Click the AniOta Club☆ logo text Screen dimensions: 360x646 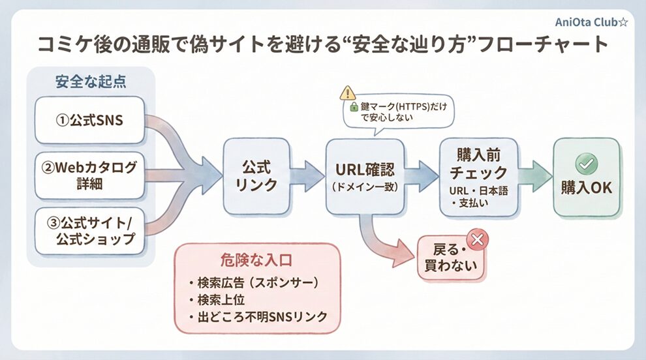(591, 22)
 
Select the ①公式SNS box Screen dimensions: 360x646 (89, 120)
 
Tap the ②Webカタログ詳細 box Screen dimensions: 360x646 (89, 176)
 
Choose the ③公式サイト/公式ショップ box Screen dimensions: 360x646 (89, 231)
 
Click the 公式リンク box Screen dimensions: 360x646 (255, 176)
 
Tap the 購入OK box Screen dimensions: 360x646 (587, 177)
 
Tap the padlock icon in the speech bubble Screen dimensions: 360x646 (354, 106)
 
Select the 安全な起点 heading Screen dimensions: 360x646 (91, 82)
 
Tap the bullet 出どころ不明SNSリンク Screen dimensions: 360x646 (257, 318)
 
